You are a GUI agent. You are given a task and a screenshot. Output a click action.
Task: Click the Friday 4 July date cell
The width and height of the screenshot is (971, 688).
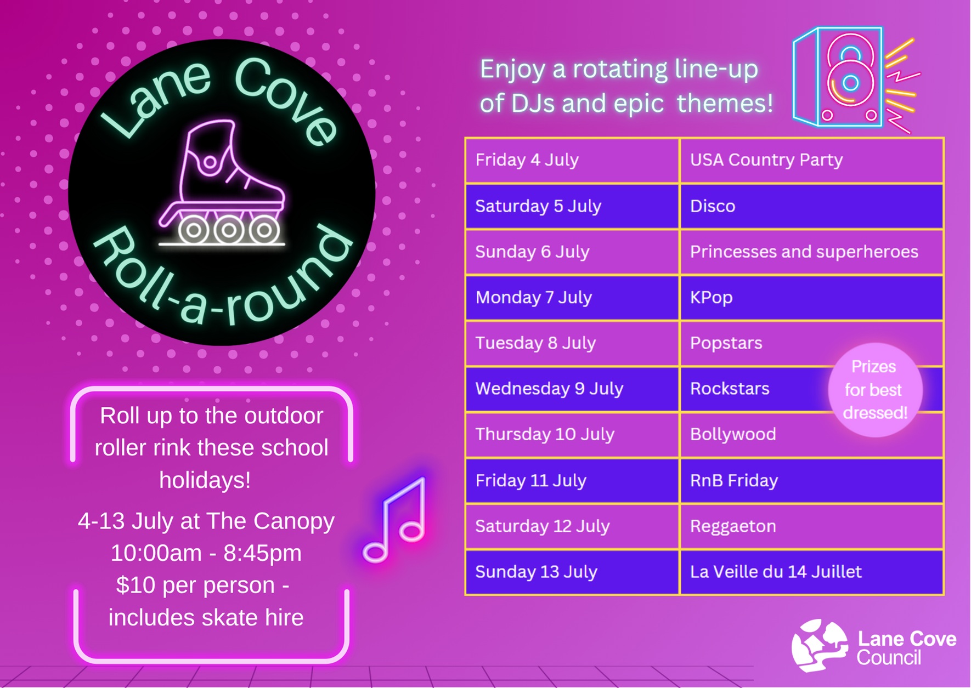(572, 160)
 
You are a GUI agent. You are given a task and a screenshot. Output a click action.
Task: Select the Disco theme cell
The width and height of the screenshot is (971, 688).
(811, 206)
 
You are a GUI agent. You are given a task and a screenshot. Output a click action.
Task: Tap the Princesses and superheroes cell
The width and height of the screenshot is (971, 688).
(811, 252)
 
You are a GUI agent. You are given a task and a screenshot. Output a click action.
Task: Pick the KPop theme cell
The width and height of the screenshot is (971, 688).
(811, 298)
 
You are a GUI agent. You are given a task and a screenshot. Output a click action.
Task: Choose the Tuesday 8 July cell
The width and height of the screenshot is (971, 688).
(572, 343)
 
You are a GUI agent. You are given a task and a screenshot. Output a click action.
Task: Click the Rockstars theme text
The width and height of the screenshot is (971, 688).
(730, 389)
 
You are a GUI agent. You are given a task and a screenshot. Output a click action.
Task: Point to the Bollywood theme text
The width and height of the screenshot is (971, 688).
(733, 434)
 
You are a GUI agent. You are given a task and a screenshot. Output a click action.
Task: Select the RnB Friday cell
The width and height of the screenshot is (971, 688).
(811, 481)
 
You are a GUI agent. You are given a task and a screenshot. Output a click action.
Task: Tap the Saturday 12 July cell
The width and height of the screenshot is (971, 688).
(572, 526)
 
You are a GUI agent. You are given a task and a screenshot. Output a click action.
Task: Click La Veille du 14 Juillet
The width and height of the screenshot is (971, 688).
(776, 572)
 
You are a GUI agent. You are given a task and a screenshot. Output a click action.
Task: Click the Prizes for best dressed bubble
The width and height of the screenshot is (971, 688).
(875, 390)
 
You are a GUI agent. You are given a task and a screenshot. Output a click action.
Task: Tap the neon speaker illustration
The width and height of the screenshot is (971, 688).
(856, 79)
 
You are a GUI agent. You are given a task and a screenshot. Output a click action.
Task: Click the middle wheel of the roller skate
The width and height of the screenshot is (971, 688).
(229, 230)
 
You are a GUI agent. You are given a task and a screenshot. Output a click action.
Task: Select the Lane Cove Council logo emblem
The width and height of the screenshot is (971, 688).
(820, 645)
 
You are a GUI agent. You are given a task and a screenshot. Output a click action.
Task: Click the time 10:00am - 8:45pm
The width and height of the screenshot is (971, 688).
(206, 553)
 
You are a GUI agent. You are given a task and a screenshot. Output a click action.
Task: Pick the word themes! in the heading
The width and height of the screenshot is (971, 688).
(725, 103)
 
